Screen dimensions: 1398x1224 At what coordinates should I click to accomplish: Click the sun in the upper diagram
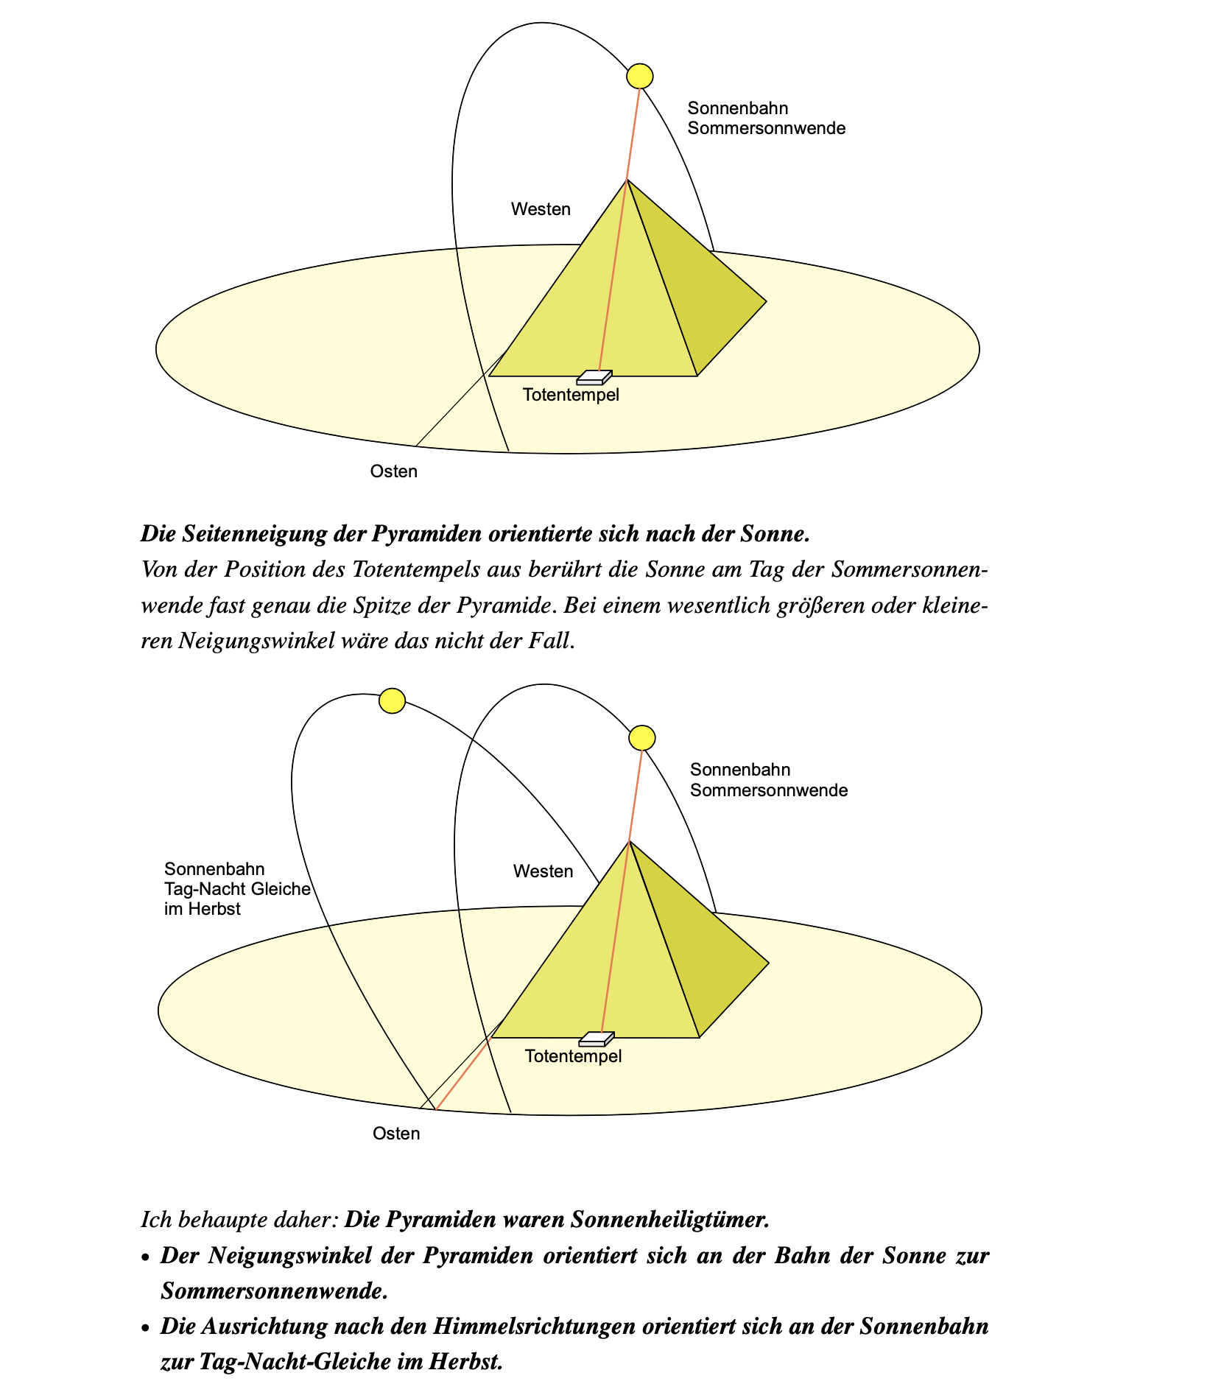(x=639, y=75)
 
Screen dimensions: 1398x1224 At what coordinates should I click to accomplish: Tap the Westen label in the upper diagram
(x=541, y=209)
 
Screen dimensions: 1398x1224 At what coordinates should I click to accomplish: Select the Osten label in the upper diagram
(x=393, y=471)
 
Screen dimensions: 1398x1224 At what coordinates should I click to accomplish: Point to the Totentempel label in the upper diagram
(x=571, y=395)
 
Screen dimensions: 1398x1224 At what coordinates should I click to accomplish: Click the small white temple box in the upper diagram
(x=594, y=378)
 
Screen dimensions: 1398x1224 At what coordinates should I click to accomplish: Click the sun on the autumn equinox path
(x=392, y=700)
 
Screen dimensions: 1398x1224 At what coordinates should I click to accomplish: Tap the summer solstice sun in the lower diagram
(x=642, y=737)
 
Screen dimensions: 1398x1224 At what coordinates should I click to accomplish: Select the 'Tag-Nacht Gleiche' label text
(x=237, y=889)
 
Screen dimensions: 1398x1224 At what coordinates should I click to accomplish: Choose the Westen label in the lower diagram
(x=543, y=871)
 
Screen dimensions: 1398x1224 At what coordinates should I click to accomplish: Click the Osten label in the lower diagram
(x=396, y=1134)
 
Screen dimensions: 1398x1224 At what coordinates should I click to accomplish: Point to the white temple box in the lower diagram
(x=596, y=1039)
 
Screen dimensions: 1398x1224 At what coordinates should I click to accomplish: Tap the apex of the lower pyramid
(x=629, y=841)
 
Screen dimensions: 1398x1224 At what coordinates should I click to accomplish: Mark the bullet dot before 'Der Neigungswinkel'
(x=146, y=1257)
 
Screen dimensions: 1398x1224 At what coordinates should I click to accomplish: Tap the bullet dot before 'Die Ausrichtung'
(x=146, y=1328)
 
